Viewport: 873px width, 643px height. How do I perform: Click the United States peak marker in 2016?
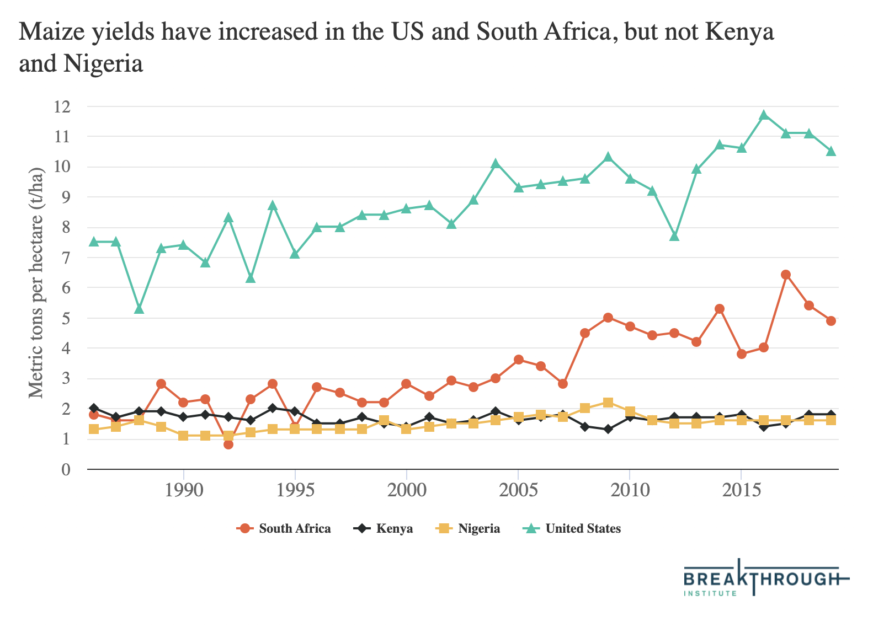pyautogui.click(x=764, y=115)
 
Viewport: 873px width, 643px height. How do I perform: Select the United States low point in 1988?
pyautogui.click(x=139, y=309)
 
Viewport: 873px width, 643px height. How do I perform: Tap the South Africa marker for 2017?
pyautogui.click(x=786, y=275)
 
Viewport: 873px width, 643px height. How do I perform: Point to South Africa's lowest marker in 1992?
pyautogui.click(x=228, y=444)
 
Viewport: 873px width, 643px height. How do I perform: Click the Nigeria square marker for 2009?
pyautogui.click(x=608, y=403)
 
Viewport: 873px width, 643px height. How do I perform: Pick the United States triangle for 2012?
pyautogui.click(x=674, y=236)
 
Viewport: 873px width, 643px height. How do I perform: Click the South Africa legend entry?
pyautogui.click(x=284, y=528)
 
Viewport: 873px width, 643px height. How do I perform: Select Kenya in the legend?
pyautogui.click(x=384, y=528)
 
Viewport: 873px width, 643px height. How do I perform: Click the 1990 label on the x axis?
pyautogui.click(x=183, y=490)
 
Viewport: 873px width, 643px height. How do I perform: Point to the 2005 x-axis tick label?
pyautogui.click(x=518, y=490)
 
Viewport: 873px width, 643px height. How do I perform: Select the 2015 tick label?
pyautogui.click(x=741, y=490)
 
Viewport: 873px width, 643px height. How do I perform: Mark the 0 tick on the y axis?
pyautogui.click(x=66, y=469)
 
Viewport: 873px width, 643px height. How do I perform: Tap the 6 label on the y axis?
pyautogui.click(x=66, y=288)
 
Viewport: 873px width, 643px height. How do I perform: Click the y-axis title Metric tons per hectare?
pyautogui.click(x=36, y=282)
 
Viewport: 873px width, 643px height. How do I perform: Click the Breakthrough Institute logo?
pyautogui.click(x=766, y=579)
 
